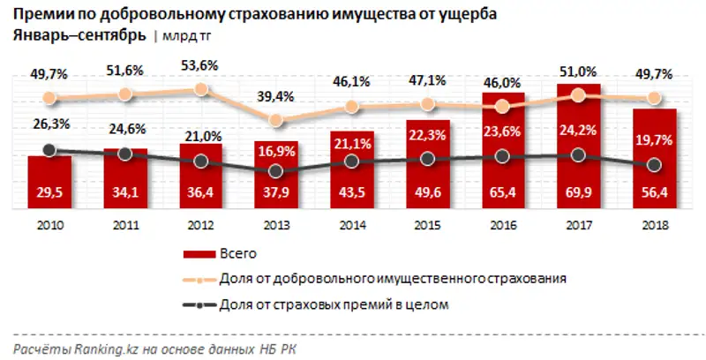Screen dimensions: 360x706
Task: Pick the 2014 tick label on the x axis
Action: click(352, 226)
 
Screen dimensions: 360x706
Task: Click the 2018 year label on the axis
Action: click(655, 226)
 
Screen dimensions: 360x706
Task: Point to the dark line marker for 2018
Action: click(655, 165)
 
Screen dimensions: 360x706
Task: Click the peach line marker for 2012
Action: click(201, 88)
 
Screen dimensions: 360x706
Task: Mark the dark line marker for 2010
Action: click(49, 150)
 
